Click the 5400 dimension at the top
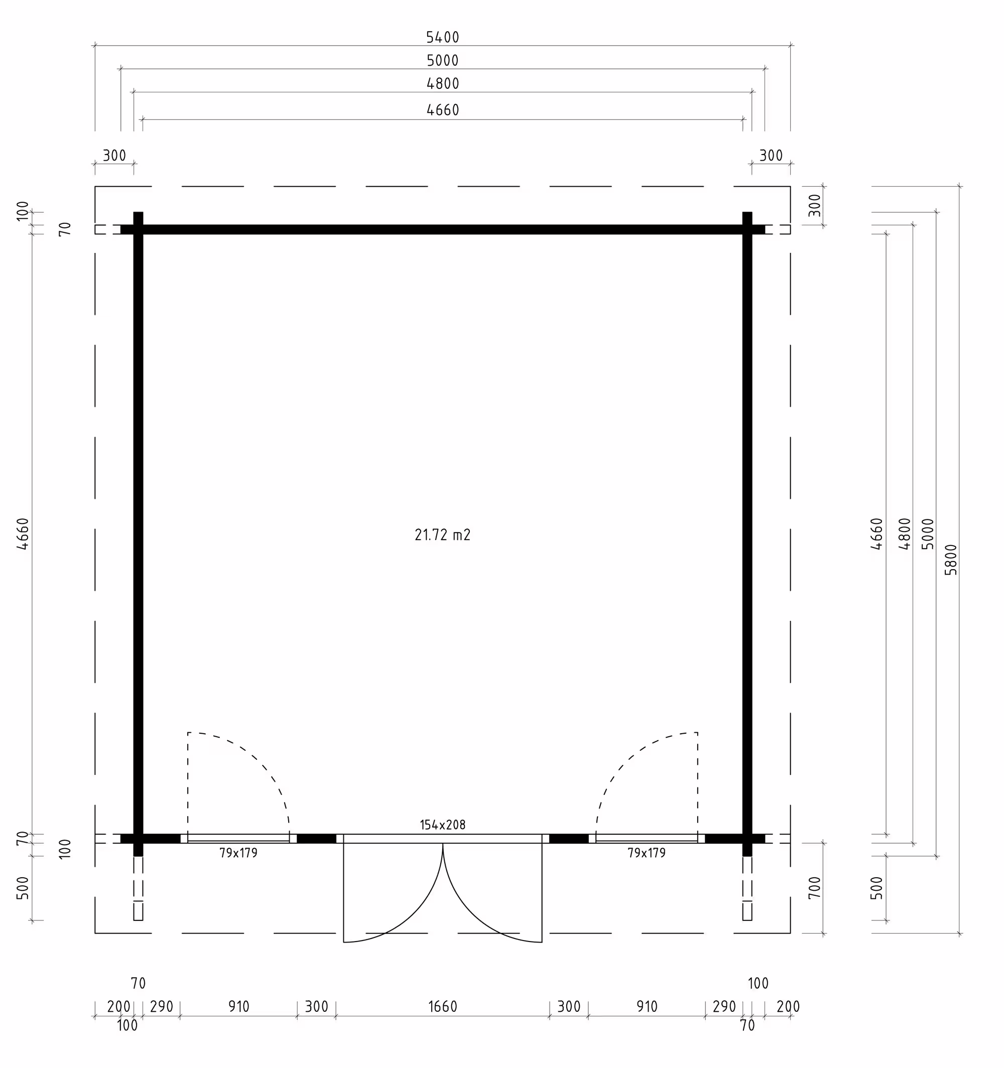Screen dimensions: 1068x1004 point(442,38)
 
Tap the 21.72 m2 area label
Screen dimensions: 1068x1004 point(442,535)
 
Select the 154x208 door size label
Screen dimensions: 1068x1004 point(442,825)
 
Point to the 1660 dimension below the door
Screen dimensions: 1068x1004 point(442,1007)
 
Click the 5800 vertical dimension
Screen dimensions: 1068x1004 point(951,560)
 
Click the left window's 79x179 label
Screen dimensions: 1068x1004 point(238,853)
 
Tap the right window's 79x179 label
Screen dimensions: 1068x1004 point(647,853)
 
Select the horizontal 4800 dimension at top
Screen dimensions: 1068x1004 point(442,84)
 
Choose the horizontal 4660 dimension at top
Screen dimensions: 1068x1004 point(442,110)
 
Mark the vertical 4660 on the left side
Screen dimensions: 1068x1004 point(23,533)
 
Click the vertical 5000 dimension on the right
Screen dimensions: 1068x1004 point(928,533)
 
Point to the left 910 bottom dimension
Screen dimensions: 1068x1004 point(238,1007)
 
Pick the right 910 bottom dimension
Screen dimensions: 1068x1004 point(647,1007)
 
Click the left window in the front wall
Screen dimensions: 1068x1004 point(238,838)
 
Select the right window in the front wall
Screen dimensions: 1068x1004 point(647,838)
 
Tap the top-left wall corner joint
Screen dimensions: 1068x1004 point(138,229)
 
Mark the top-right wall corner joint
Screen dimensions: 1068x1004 point(747,229)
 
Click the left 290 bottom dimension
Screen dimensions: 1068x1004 point(161,1007)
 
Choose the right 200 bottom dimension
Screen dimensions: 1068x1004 point(788,1007)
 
